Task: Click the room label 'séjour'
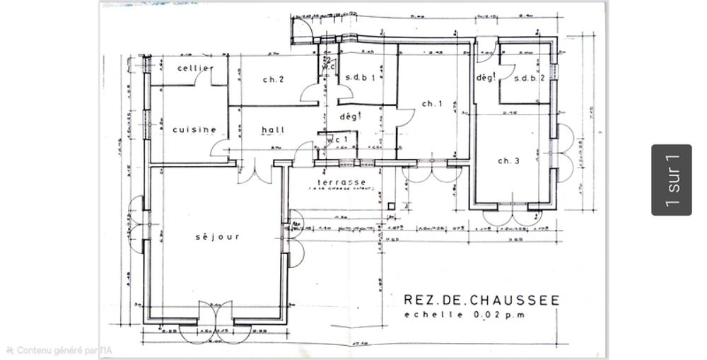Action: (218, 237)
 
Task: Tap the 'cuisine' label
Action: (194, 129)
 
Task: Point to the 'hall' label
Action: (272, 129)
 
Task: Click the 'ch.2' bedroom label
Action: (272, 79)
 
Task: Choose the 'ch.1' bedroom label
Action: (431, 104)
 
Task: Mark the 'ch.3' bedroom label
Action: (508, 161)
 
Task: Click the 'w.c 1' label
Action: (337, 140)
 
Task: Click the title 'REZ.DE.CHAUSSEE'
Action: (481, 301)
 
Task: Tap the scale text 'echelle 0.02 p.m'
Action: (464, 315)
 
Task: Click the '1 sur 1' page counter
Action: (671, 180)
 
